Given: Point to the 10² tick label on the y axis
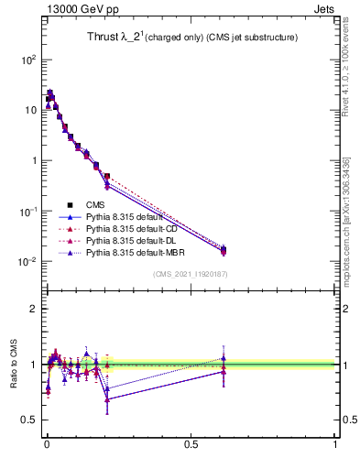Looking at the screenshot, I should (x=27, y=60).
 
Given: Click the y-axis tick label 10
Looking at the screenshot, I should (x=29, y=110).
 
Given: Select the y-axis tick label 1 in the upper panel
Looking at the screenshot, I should (x=33, y=160).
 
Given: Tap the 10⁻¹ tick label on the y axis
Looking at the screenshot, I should (x=27, y=211).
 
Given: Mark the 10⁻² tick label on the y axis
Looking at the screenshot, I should (x=27, y=262).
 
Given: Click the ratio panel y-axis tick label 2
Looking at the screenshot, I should (x=33, y=309).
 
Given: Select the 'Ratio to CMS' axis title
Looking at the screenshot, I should (x=12, y=364).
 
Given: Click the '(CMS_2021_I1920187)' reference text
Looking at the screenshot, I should (x=191, y=274).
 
